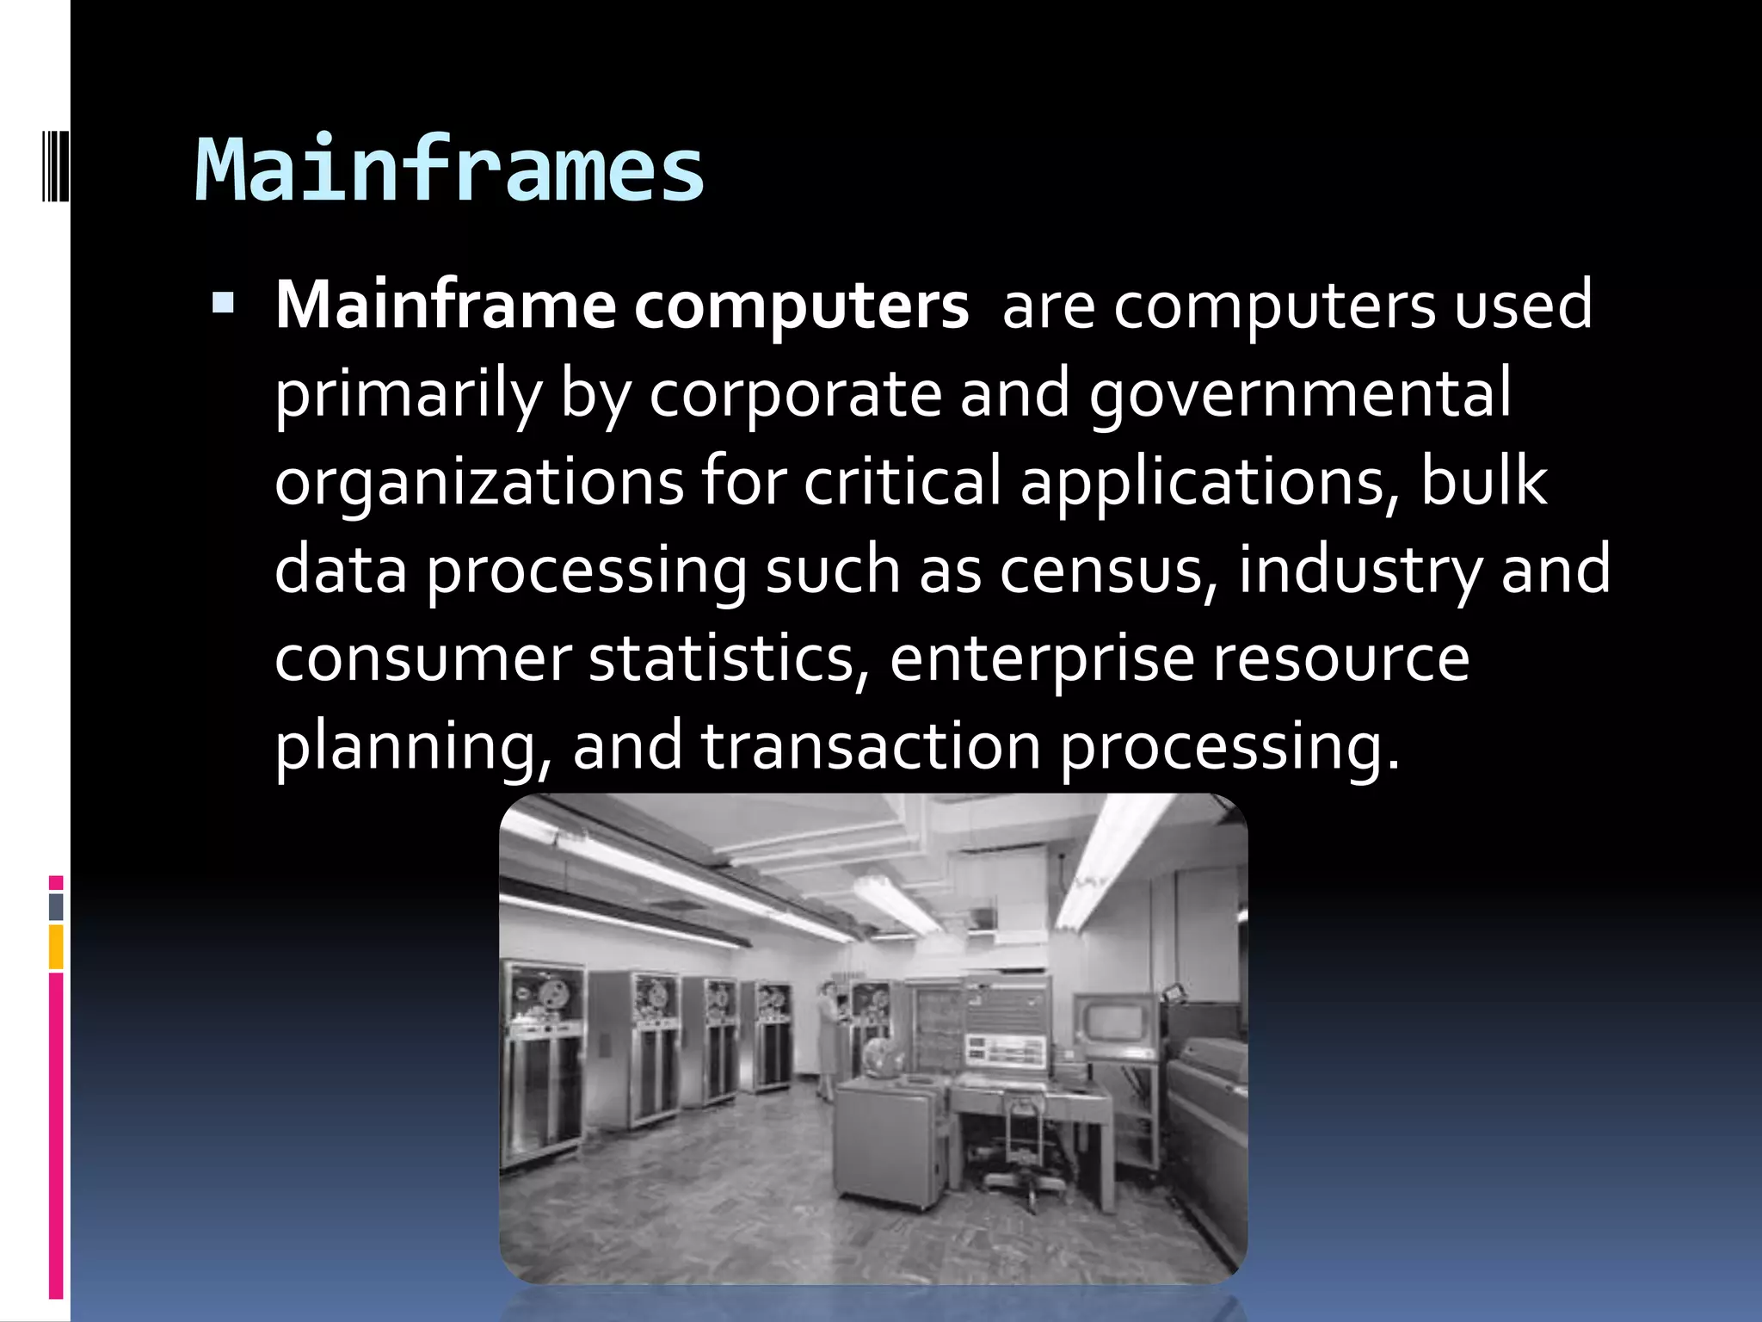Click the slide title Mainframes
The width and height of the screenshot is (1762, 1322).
[449, 170]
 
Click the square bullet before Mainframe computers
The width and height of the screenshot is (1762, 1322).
[223, 303]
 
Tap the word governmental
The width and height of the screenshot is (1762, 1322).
[1299, 394]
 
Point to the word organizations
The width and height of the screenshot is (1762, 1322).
[478, 482]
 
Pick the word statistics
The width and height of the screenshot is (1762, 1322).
[723, 658]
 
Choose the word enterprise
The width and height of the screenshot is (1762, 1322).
[1042, 658]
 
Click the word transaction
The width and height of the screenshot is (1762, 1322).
[871, 746]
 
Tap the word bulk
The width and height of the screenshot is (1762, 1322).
[1483, 482]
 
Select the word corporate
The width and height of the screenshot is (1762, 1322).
[795, 394]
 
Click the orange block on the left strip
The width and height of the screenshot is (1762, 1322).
[56, 947]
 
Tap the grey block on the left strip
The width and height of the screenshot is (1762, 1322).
[56, 906]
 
